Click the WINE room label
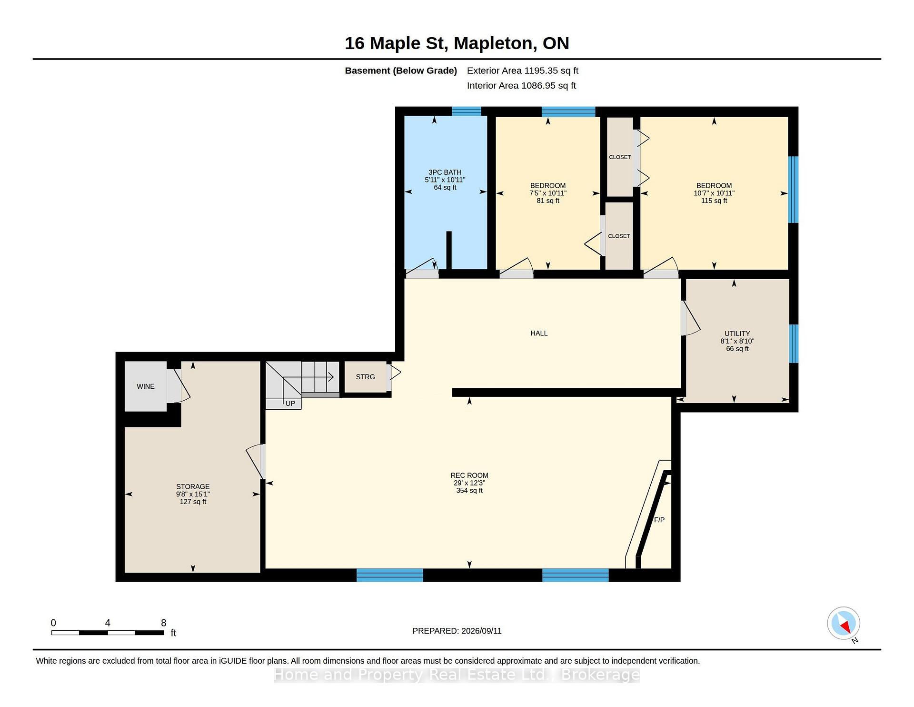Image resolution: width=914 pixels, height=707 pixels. coord(146,386)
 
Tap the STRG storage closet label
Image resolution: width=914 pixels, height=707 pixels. coord(366,377)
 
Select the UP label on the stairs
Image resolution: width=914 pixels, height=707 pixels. coord(290,404)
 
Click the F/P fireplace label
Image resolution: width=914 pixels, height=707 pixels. coord(659,520)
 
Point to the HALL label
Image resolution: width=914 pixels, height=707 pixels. coord(539,333)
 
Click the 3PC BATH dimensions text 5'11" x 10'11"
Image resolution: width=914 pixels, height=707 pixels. coord(445,180)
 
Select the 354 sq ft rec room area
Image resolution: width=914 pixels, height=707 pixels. coord(469,490)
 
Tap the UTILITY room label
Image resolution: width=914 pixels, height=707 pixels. coord(737,333)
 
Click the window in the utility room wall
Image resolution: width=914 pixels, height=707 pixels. coord(794,343)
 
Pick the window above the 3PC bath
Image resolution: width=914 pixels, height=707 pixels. coord(467,111)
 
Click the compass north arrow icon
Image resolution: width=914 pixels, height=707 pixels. coord(844,624)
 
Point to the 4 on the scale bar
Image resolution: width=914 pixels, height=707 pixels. coord(108,623)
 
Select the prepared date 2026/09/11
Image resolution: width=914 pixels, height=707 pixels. coord(481,631)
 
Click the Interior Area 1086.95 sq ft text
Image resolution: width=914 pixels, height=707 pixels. coord(521,86)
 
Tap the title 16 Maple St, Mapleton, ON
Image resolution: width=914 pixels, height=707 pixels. coord(457,43)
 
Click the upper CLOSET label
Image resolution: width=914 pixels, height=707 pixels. coord(620,157)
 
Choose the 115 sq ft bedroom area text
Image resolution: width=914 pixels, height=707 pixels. coord(714,201)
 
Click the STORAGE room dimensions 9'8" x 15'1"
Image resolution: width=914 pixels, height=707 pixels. coord(193,494)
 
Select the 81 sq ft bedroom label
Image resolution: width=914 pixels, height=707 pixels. coord(548,201)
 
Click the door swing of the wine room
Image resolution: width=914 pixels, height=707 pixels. coord(181,386)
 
